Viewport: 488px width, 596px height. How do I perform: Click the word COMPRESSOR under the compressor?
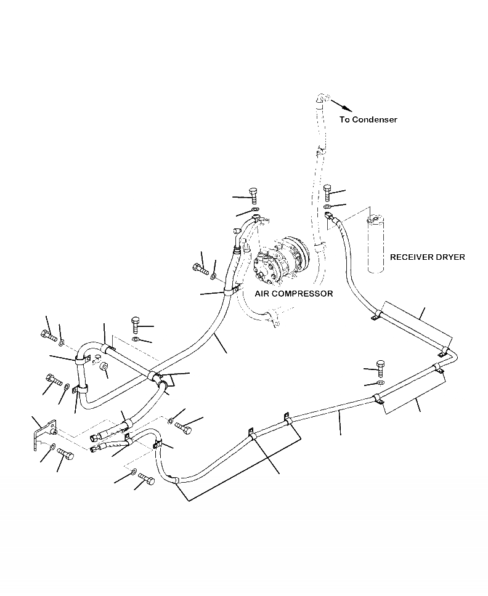tap(304, 294)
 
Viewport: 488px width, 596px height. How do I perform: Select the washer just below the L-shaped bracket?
tap(54, 446)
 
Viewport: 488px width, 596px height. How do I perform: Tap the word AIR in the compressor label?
tap(263, 294)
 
